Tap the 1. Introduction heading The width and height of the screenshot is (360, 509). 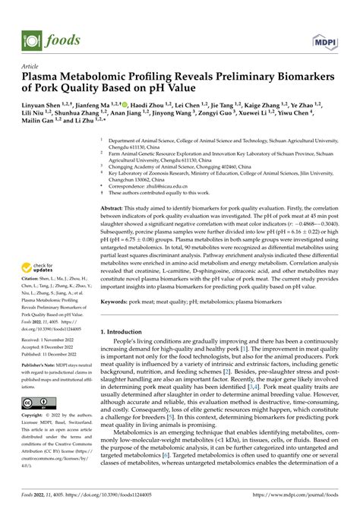pos(127,332)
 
